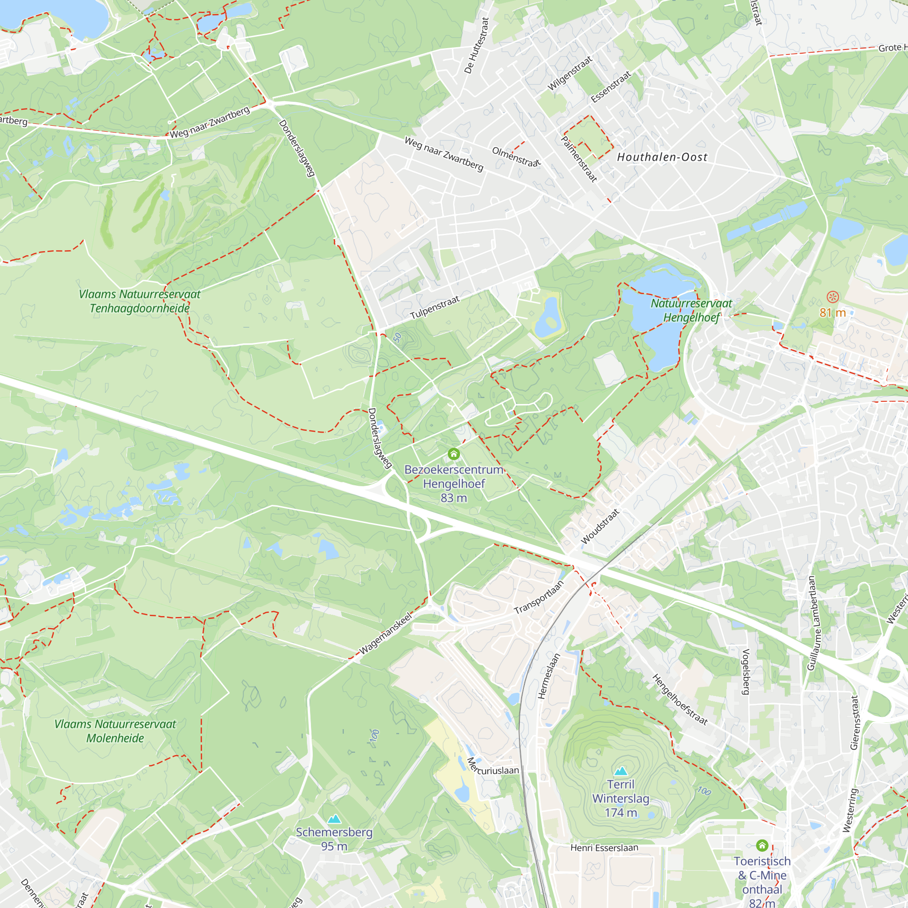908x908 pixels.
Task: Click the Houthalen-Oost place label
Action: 662,157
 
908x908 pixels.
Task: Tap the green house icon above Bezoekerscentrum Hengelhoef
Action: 454,454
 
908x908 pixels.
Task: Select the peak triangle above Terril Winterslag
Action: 621,771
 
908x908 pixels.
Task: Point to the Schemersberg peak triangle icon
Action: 334,819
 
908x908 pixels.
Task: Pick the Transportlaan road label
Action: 538,597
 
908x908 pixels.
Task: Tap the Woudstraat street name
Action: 600,526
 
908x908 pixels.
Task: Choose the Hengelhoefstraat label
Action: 680,699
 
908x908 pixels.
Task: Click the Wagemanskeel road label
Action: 385,633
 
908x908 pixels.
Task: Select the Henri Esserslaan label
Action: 604,848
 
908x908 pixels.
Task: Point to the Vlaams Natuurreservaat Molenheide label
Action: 115,731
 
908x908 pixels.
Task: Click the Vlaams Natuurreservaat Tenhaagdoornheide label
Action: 139,301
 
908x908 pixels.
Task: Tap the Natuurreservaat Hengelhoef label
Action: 691,310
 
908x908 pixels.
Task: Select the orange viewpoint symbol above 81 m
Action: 832,296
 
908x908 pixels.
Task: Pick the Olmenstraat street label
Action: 516,157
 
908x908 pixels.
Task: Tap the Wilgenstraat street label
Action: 570,73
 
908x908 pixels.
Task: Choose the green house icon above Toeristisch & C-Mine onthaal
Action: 762,845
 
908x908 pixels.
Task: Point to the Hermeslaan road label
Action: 549,676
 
